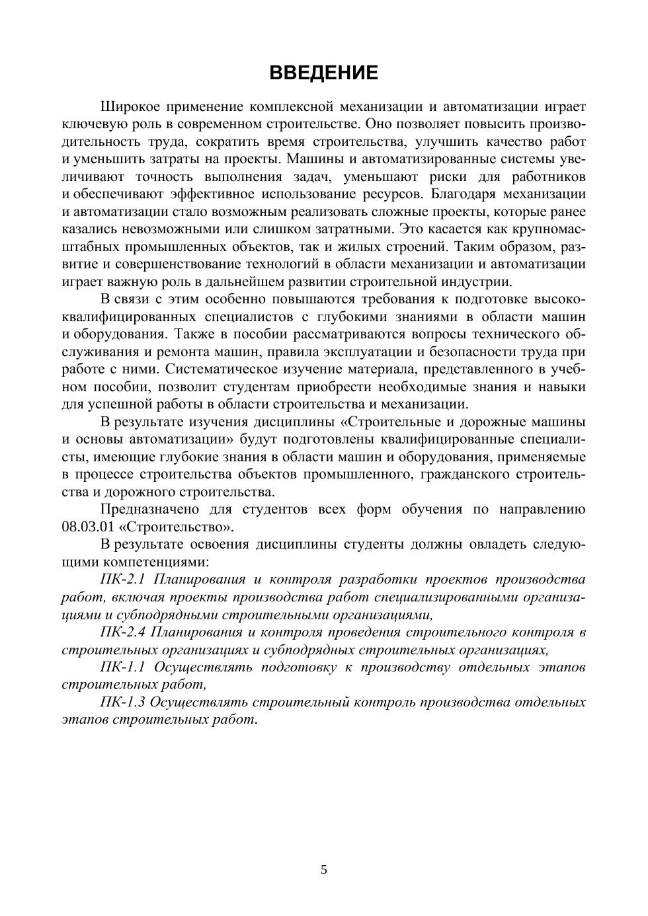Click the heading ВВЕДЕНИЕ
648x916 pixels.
tap(323, 73)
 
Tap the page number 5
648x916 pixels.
tap(324, 870)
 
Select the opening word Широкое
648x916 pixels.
tap(129, 107)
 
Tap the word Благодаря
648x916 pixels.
tap(463, 194)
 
